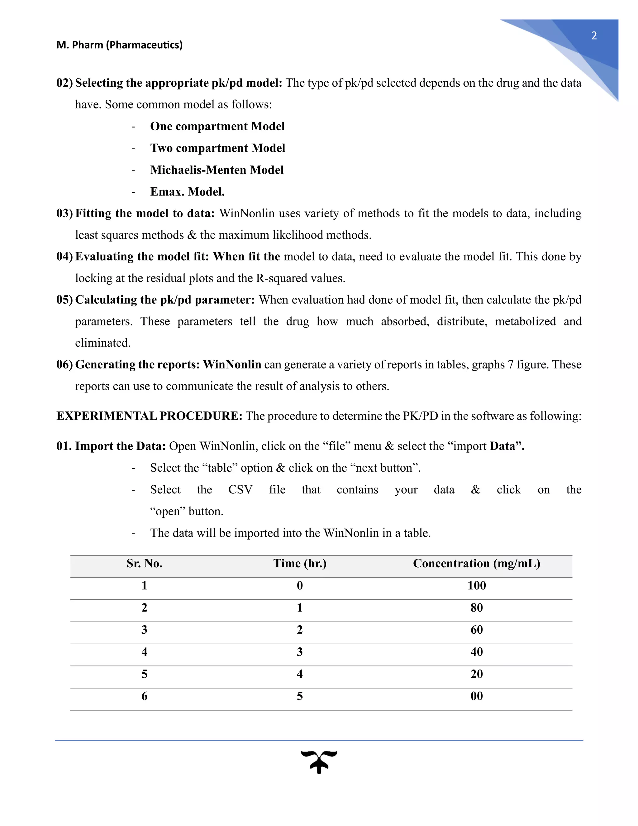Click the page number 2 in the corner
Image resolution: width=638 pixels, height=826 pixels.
point(594,36)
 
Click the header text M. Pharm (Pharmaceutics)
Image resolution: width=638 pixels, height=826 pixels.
point(119,45)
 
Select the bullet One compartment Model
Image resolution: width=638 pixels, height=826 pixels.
point(217,126)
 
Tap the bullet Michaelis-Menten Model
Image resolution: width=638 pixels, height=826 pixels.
point(217,170)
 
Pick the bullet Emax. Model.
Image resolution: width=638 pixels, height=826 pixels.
point(188,192)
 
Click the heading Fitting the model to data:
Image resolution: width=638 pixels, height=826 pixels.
point(145,213)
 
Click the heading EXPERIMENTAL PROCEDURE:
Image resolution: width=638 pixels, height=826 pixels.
point(149,416)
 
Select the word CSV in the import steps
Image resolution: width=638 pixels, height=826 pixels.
point(240,490)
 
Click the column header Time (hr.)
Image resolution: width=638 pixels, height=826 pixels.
point(300,564)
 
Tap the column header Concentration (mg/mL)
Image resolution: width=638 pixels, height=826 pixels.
point(476,564)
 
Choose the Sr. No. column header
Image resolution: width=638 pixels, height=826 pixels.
point(144,564)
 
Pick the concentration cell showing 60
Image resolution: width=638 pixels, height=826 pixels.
point(476,630)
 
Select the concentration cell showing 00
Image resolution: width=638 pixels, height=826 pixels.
point(476,696)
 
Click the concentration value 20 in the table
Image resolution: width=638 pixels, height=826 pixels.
point(476,674)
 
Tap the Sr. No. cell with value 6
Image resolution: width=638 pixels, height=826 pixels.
point(144,696)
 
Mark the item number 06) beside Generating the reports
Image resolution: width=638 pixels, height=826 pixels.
point(64,365)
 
